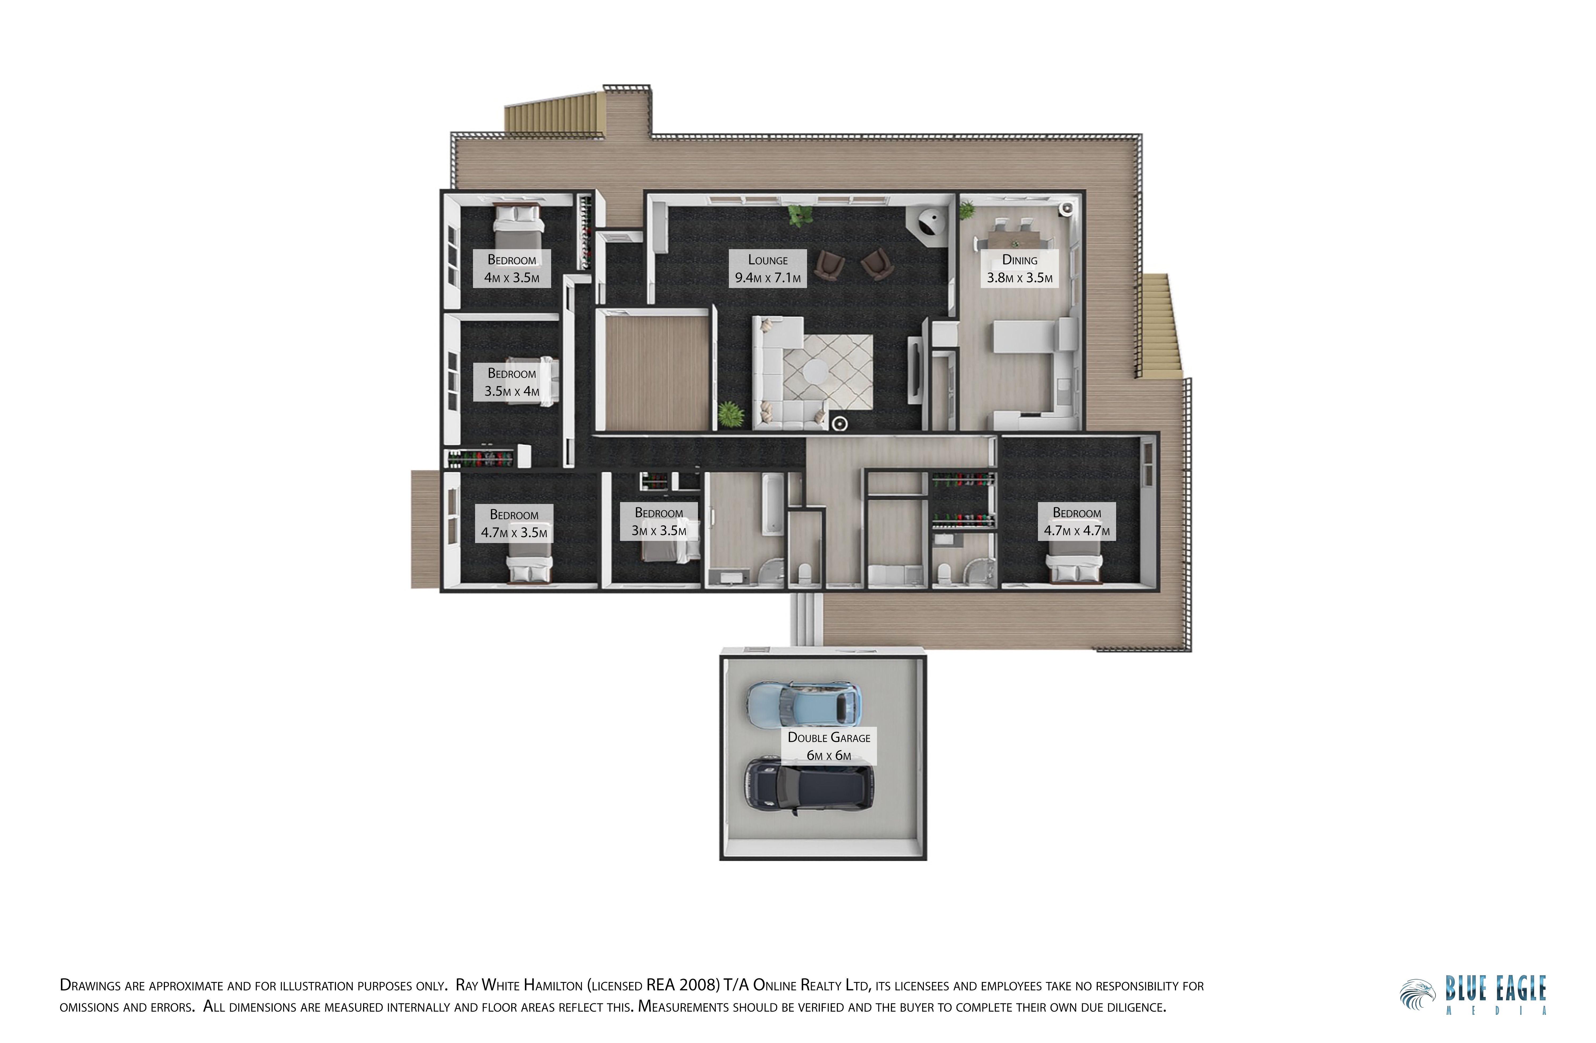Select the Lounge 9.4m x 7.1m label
[x=768, y=269]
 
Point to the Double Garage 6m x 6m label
[x=829, y=746]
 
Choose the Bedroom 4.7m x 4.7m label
[x=1076, y=521]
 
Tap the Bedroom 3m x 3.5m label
[x=659, y=521]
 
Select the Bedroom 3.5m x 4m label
[x=512, y=382]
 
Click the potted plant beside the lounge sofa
[x=730, y=415]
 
